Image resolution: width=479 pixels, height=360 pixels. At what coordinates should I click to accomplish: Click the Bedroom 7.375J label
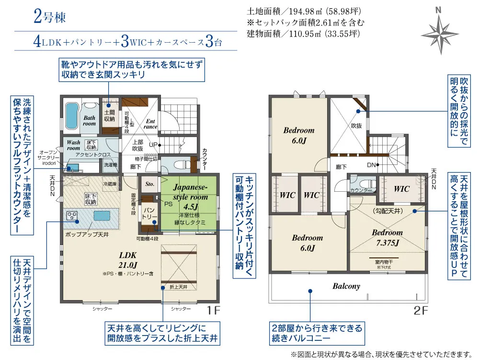point(387,238)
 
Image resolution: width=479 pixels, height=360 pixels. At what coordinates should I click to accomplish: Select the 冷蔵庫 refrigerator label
point(110,184)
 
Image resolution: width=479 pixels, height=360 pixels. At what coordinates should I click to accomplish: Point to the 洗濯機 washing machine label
point(111,164)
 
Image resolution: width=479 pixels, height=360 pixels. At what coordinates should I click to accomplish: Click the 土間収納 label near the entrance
point(109,116)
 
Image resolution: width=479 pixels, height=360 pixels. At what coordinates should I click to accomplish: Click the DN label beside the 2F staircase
point(370,164)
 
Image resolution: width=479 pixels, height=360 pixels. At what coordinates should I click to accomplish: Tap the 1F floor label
point(214,310)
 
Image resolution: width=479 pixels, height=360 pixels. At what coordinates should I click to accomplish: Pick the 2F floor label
point(421,310)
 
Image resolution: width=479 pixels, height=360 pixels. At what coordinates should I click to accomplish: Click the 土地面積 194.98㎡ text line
point(304,11)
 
